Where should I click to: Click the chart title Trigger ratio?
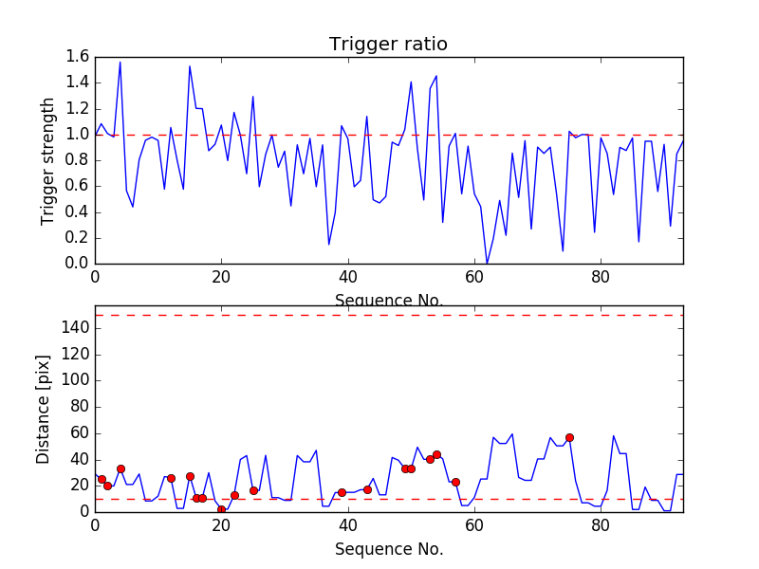point(388,45)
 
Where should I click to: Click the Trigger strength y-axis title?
point(48,160)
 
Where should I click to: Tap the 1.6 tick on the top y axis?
point(78,57)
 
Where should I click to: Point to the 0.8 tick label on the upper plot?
point(78,160)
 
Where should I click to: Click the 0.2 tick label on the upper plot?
point(78,238)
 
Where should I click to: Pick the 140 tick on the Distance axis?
point(74,328)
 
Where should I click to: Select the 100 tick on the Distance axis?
point(74,380)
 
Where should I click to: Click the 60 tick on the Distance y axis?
point(78,432)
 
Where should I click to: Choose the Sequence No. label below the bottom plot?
point(388,549)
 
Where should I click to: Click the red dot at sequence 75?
point(569,437)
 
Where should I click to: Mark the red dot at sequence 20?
point(221,509)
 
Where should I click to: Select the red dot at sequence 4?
point(120,468)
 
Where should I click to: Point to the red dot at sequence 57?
point(455,482)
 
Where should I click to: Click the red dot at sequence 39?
point(342,492)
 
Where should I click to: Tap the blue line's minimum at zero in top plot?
point(487,264)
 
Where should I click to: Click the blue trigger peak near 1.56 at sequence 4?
point(120,63)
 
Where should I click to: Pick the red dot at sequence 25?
point(253,490)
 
